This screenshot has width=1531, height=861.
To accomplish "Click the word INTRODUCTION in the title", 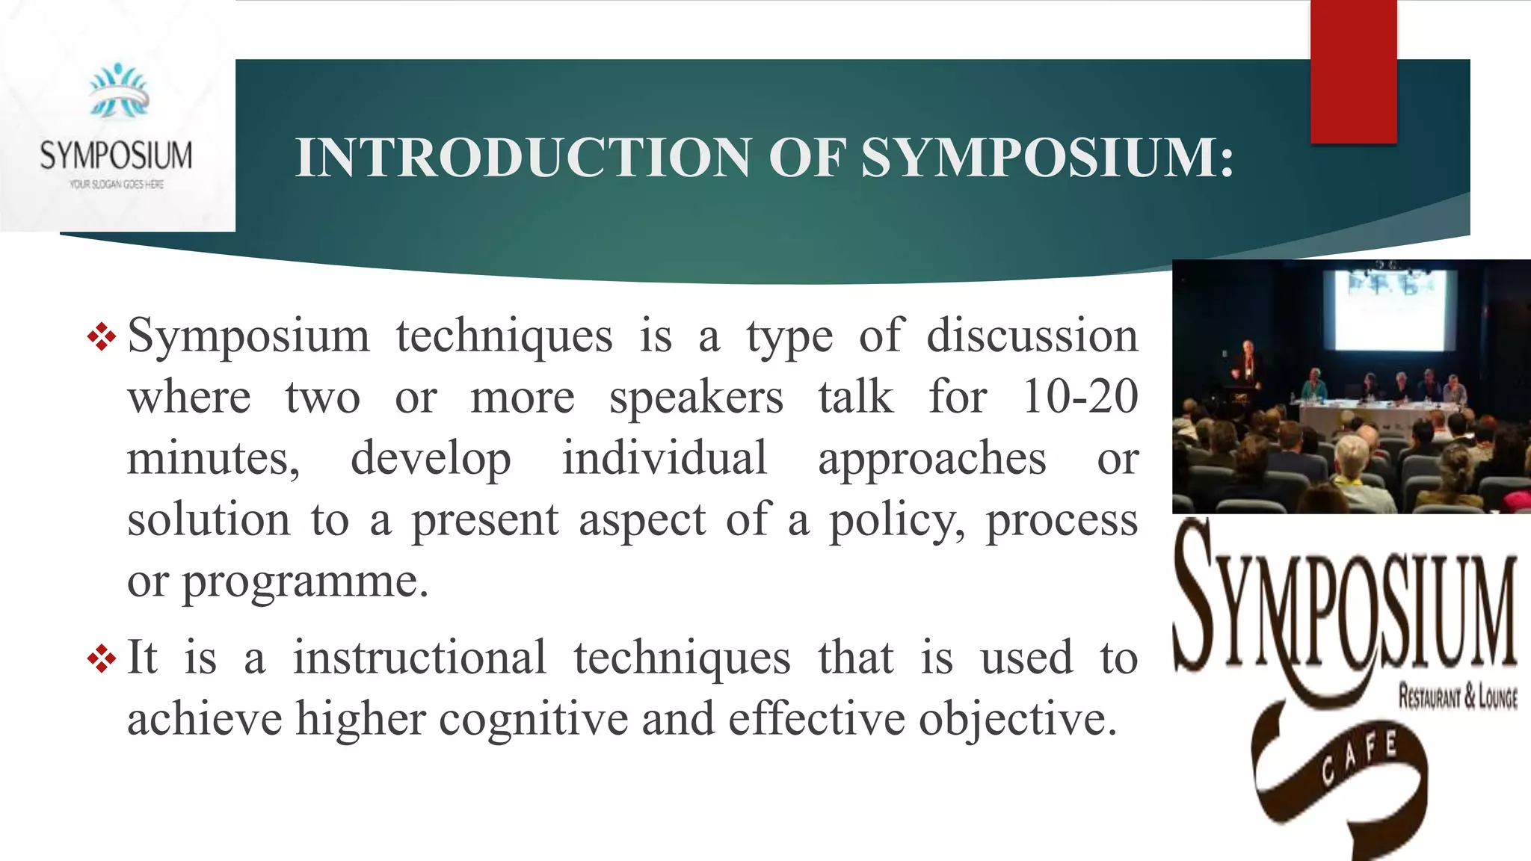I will click(523, 158).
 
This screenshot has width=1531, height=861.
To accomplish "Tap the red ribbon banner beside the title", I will click(1353, 72).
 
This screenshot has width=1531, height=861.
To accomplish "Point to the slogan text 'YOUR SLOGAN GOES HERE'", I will click(117, 184).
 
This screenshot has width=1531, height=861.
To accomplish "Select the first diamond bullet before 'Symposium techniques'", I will click(102, 337).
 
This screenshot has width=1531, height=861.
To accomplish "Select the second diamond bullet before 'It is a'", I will click(102, 658).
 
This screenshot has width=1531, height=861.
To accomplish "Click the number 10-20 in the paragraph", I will click(1079, 396).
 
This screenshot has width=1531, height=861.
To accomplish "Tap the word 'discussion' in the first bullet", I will click(1032, 336).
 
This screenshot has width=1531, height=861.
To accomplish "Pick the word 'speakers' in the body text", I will click(696, 398).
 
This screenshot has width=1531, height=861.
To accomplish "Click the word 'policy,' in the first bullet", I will click(897, 520).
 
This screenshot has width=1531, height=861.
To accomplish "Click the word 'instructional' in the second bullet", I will click(419, 658).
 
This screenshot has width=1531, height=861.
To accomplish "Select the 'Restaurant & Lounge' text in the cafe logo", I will click(1457, 697).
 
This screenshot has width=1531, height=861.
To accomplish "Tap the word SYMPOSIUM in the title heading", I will click(1047, 158).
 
